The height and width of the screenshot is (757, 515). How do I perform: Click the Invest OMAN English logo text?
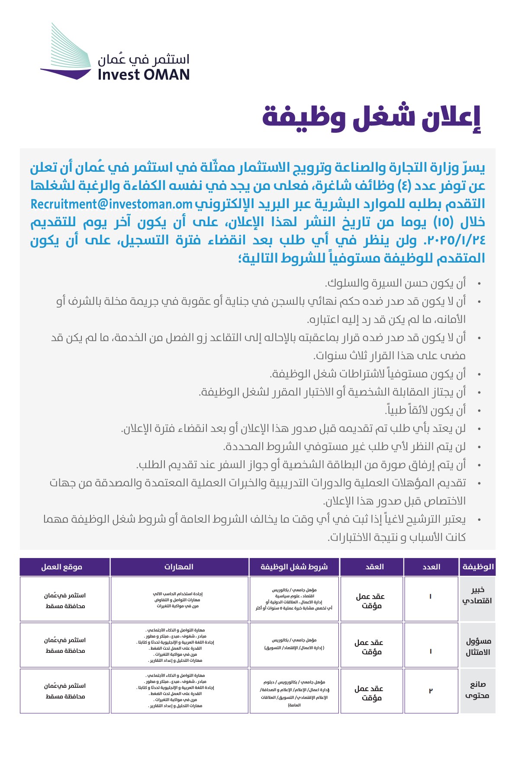coord(144,75)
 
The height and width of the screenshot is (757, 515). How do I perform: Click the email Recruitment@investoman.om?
coord(111,204)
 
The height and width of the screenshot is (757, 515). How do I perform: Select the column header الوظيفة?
coord(477,567)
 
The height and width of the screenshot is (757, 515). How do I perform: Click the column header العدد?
coord(431,567)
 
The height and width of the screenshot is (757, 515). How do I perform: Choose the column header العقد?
coord(374,567)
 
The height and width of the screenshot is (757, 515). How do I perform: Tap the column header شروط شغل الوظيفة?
coord(294,567)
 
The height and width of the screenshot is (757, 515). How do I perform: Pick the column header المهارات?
coord(179,567)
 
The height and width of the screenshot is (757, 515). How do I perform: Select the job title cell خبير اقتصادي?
coord(477,595)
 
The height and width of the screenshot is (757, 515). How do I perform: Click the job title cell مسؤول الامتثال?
coord(477,646)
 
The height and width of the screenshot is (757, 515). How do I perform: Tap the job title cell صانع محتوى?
coord(477,690)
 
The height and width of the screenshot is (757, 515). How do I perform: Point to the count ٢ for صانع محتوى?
coord(431,691)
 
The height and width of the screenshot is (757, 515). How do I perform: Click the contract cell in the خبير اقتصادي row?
coord(370,601)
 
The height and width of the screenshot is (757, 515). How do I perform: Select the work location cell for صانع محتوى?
coord(65,691)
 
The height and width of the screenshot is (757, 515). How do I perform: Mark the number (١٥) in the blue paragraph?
coord(443,222)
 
